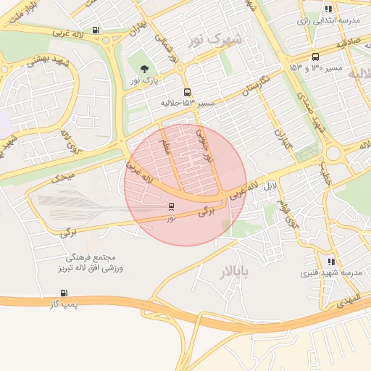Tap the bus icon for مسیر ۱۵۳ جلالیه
tap(188, 92)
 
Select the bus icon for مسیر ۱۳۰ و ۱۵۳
tap(314, 57)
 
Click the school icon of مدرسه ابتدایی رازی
tap(329, 9)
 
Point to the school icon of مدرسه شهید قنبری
tap(332, 262)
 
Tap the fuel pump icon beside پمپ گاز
tap(65, 293)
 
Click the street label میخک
tap(63, 175)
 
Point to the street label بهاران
tap(138, 30)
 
